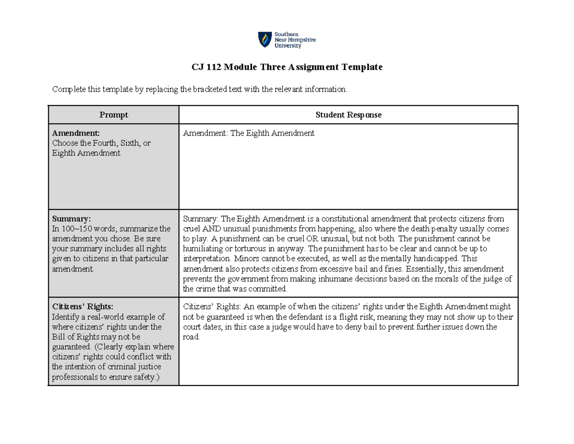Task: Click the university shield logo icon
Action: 264,40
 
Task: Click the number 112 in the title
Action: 214,68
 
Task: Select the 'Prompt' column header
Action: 113,115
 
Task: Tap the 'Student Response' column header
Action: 348,115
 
